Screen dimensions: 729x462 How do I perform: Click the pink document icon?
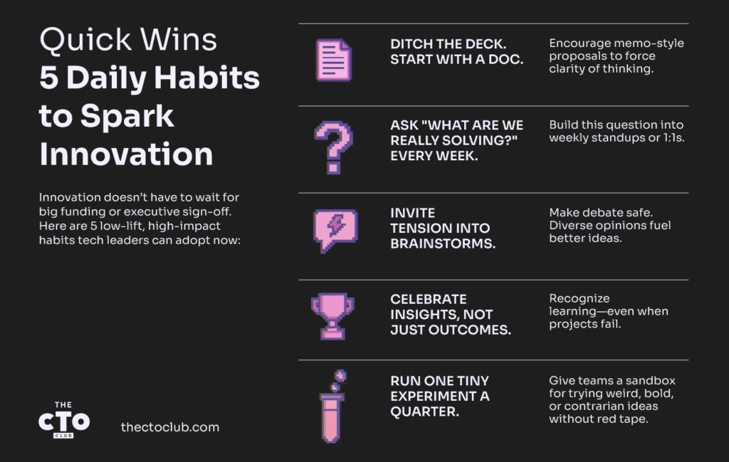[x=334, y=60]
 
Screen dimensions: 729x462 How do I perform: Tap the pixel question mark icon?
[x=333, y=147]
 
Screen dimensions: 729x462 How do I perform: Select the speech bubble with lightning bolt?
[x=335, y=231]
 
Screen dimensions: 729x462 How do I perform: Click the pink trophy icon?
[x=333, y=316]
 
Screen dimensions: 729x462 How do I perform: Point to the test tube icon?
[x=332, y=406]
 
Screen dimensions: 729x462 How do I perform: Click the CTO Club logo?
[x=63, y=420]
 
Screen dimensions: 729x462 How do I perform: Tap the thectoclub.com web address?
[x=169, y=427]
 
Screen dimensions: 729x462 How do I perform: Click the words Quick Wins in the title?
[x=128, y=39]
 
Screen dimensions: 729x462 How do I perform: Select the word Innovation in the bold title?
[x=126, y=154]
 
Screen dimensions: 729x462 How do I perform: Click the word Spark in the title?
[x=127, y=117]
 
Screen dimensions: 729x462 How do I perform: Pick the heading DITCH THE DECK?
[x=449, y=43]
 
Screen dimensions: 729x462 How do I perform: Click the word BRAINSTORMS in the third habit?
[x=443, y=243]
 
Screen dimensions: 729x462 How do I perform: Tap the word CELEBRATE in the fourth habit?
[x=428, y=299]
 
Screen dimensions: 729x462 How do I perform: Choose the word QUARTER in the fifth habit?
[x=424, y=411]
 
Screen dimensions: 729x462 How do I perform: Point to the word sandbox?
[x=651, y=380]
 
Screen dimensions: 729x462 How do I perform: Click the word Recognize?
[x=579, y=299]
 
